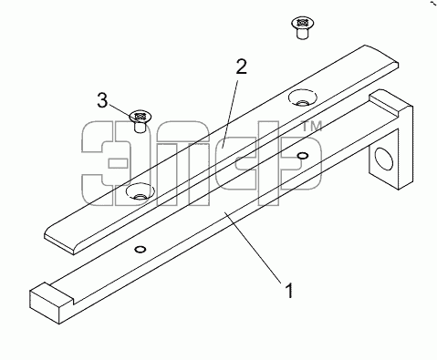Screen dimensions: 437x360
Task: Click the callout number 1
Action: (289, 291)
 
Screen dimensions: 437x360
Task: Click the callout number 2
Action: (241, 67)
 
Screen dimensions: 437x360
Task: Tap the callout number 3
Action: (102, 100)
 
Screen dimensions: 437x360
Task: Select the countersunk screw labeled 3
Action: (140, 121)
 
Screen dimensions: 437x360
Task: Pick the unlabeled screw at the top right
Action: (302, 28)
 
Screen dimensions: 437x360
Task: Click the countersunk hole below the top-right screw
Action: (302, 98)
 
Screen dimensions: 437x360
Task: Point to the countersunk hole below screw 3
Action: (140, 191)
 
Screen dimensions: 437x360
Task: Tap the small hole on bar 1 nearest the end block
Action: (140, 250)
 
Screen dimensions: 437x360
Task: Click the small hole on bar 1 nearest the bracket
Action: (302, 156)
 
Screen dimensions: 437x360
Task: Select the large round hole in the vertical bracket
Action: (384, 158)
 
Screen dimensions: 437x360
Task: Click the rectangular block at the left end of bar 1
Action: (52, 303)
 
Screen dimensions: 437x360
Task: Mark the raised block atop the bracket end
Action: (390, 102)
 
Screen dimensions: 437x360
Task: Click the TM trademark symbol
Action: (311, 127)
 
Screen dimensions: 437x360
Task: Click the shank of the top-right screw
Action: (302, 34)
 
